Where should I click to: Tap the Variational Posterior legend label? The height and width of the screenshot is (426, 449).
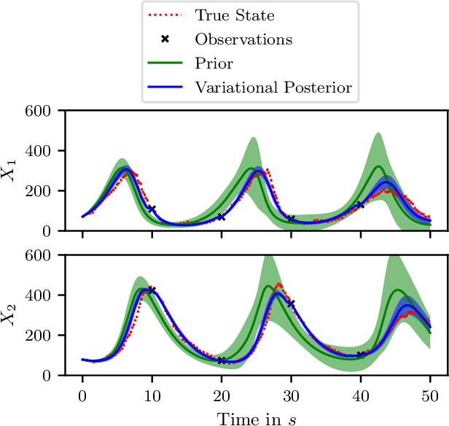[x=273, y=88]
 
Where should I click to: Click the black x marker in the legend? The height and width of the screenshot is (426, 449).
[x=167, y=39]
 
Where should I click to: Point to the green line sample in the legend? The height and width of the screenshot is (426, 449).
[x=167, y=63]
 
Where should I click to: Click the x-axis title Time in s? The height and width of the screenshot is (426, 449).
[x=256, y=417]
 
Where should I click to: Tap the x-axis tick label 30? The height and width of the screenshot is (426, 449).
[x=291, y=394]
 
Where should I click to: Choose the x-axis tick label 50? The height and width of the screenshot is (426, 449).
[x=430, y=394]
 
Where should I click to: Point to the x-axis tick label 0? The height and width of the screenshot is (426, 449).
[x=82, y=394]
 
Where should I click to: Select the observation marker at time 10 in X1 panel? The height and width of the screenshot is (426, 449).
[x=152, y=209]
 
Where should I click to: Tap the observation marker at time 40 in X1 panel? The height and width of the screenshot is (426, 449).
[x=360, y=205]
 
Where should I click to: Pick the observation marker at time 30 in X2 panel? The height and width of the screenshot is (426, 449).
[x=291, y=303]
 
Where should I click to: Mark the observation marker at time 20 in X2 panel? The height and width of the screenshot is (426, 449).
[x=222, y=360]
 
